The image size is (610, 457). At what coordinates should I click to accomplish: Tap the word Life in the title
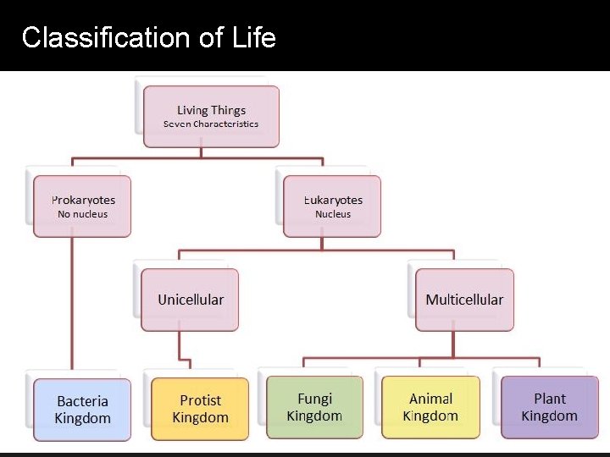256,38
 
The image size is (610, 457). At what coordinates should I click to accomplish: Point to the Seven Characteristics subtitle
211,124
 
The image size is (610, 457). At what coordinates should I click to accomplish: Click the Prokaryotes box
82,206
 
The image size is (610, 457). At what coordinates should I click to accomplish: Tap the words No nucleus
83,215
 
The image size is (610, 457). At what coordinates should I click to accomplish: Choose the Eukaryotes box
332,206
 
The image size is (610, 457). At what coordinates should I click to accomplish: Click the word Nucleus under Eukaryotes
333,215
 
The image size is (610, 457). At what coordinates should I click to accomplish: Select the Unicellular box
190,300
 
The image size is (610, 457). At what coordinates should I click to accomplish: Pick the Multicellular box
464,300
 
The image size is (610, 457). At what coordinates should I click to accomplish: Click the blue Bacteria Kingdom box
83,410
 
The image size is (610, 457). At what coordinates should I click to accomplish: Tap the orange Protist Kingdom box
200,409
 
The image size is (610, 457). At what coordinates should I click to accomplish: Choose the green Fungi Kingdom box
314,407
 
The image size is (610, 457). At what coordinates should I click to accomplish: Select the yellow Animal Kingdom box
430,407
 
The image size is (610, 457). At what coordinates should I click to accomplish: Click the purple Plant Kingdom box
549,407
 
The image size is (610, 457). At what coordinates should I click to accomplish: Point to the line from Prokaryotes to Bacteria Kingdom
72,305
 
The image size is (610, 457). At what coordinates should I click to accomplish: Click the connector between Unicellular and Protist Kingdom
180,347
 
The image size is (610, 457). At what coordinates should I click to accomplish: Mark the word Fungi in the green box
314,399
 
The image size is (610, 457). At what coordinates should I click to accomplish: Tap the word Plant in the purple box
549,399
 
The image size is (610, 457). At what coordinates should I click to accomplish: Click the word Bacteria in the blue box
83,401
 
